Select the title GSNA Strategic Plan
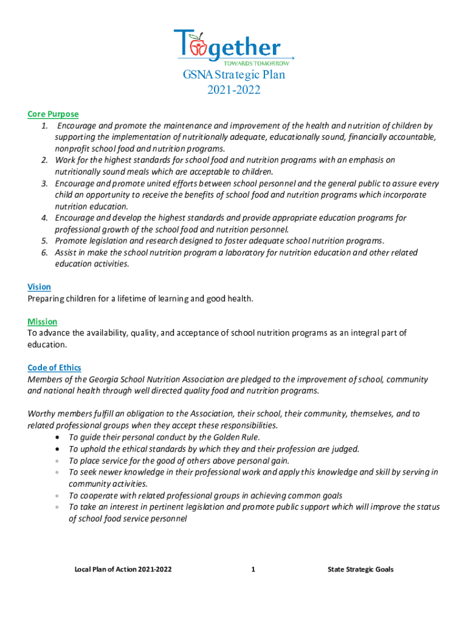(x=234, y=75)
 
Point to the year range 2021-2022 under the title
(x=234, y=90)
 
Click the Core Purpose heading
(x=53, y=114)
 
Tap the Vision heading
(x=39, y=287)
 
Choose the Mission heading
(x=43, y=321)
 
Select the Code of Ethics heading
(x=54, y=367)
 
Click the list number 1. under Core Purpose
(x=45, y=126)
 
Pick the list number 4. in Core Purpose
(x=45, y=218)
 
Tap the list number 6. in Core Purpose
(x=45, y=252)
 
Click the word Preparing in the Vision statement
(x=46, y=299)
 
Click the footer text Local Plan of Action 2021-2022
(x=123, y=569)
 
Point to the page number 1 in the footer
(x=253, y=569)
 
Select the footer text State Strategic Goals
(x=360, y=569)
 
